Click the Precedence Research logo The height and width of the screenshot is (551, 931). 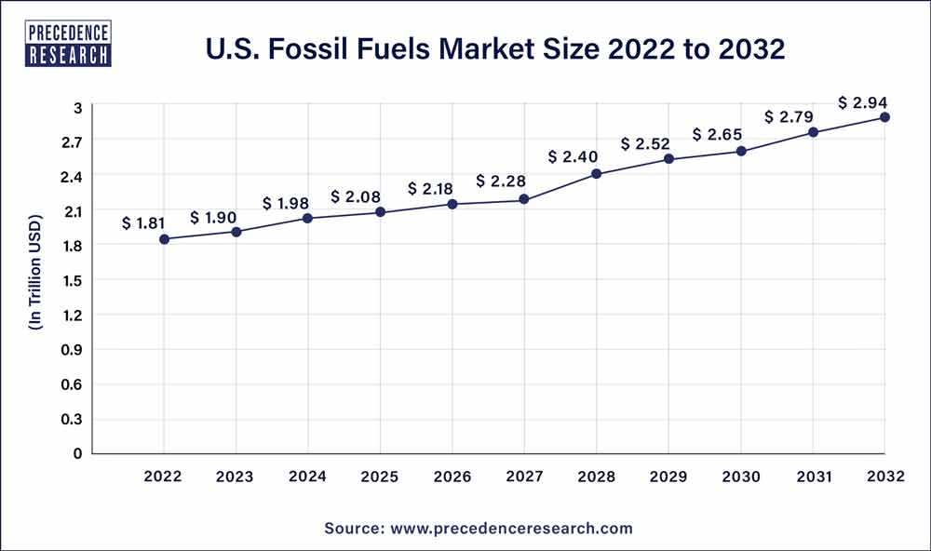(x=70, y=42)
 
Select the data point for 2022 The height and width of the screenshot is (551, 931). (x=164, y=239)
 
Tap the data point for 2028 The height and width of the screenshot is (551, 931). (x=597, y=174)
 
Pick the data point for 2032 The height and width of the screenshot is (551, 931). (x=884, y=117)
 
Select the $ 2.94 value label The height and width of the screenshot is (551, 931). (x=861, y=101)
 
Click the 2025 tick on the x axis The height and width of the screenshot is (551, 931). (x=380, y=477)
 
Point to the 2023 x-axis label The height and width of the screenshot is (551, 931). (x=236, y=477)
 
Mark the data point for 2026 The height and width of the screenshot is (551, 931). (x=452, y=204)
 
